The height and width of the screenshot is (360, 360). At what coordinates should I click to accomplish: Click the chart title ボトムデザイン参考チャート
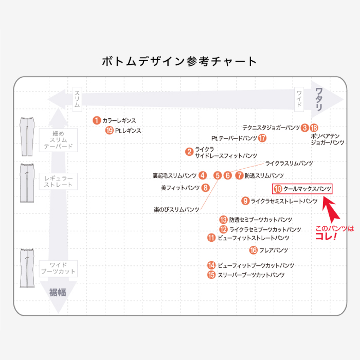179,62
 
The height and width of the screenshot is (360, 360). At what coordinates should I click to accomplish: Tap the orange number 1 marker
96,120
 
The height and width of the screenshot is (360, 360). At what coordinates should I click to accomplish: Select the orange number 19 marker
109,131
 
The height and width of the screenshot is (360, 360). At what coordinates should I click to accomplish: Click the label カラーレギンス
119,120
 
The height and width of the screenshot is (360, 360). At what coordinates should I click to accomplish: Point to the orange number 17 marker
263,138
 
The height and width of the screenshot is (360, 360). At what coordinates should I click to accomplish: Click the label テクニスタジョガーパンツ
271,128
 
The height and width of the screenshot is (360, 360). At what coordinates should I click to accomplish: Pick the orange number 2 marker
189,152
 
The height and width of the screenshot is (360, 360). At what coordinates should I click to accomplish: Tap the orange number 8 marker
205,188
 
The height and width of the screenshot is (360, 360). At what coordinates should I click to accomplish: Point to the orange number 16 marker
253,250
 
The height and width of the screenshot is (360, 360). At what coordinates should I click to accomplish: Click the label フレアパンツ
273,250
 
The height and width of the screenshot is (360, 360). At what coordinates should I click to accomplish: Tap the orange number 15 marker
211,275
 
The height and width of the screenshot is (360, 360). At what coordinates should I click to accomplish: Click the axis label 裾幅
58,293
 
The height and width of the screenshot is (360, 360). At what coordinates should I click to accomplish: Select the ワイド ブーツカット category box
58,268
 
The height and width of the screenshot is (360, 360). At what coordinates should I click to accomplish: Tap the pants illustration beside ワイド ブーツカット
26,268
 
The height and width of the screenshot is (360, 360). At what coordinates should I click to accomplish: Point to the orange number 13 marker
223,220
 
